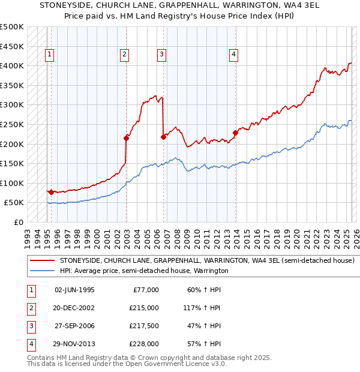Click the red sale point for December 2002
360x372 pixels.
(127, 138)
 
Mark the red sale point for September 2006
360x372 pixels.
(163, 137)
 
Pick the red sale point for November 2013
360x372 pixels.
(236, 133)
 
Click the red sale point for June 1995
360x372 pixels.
(51, 192)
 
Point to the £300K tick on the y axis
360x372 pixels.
(12, 104)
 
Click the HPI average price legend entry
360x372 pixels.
(144, 271)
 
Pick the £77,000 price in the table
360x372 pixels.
(146, 290)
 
